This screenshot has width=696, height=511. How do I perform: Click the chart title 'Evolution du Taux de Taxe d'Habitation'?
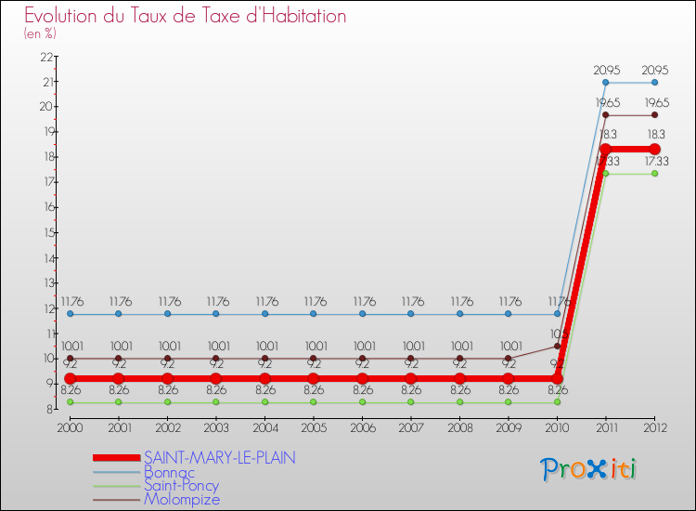[186, 17]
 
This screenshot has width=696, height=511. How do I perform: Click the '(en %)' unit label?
[40, 34]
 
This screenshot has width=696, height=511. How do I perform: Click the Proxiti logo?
[588, 469]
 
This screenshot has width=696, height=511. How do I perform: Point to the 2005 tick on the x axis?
[314, 426]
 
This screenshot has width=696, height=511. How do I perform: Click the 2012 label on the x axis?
[654, 426]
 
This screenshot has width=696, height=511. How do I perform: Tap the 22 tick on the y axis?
[45, 57]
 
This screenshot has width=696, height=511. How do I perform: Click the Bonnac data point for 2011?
[606, 83]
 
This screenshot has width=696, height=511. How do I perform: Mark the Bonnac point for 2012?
[654, 83]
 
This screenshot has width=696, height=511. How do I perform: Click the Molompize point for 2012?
[654, 115]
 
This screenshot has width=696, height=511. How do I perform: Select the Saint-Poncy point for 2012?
[654, 174]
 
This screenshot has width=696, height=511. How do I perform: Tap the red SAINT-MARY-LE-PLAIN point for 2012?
[654, 149]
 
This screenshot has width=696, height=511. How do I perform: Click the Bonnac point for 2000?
[70, 314]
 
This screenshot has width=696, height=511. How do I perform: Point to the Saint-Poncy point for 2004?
[264, 401]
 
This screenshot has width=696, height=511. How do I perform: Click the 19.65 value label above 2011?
[606, 101]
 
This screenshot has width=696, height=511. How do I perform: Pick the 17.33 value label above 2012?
[654, 161]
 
